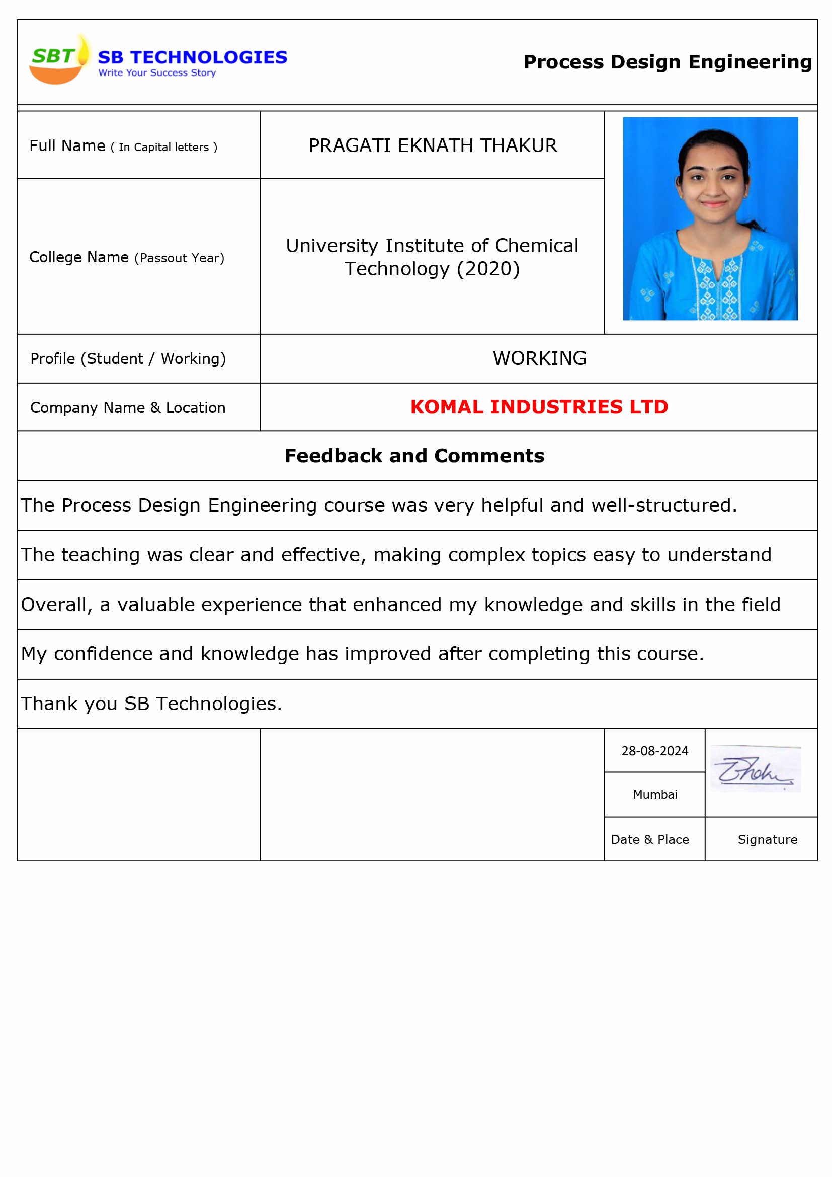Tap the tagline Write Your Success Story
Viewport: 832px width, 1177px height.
[x=157, y=73]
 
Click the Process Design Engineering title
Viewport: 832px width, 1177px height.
[x=667, y=62]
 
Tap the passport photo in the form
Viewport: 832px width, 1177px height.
[x=710, y=219]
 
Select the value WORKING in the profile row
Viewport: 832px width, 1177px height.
[x=539, y=358]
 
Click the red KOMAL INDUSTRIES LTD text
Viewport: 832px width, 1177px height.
[x=539, y=407]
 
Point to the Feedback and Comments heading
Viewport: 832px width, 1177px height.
[x=414, y=456]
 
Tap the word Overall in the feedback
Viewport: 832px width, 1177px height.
[x=56, y=605]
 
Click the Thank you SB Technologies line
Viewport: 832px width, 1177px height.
[x=151, y=704]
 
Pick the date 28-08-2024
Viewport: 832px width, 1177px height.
[x=654, y=751]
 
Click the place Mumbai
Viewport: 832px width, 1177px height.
[x=655, y=795]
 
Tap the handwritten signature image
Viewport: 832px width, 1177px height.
[x=755, y=769]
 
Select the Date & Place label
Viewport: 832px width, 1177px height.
[x=649, y=840]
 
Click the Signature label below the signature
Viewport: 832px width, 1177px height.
[x=767, y=840]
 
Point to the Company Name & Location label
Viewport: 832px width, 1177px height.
[x=128, y=408]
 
